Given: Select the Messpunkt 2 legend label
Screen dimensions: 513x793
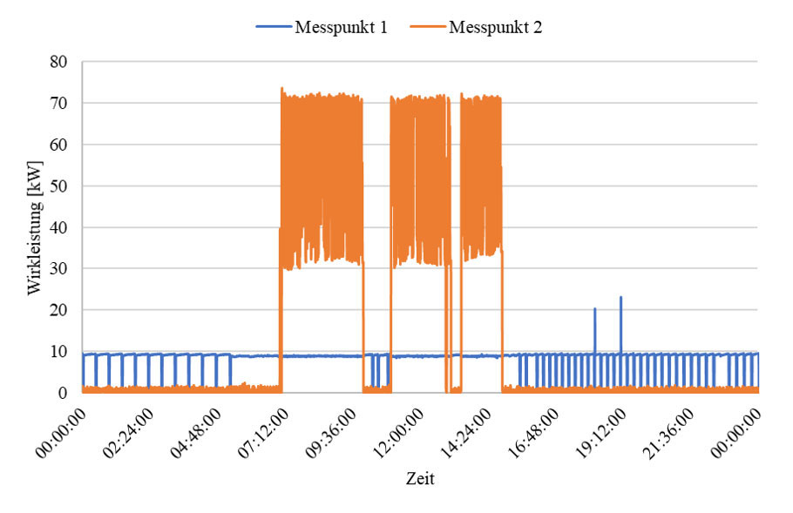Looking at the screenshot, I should [496, 27].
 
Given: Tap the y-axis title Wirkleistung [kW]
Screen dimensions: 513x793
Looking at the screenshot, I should [34, 226].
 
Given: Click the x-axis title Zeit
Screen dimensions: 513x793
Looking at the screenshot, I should [420, 479].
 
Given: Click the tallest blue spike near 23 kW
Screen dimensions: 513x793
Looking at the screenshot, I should [620, 299].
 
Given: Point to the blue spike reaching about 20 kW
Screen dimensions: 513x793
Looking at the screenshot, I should [595, 310].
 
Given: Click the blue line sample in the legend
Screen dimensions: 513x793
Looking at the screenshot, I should [274, 27].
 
